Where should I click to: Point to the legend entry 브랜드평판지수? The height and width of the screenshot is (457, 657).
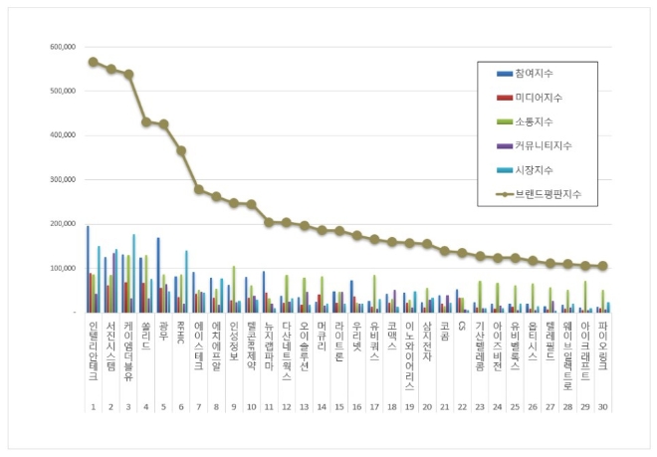pos(547,193)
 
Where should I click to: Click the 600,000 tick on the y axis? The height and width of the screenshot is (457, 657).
pos(61,47)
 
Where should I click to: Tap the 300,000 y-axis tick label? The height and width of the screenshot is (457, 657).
pos(61,179)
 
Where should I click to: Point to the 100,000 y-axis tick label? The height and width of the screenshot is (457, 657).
pos(61,268)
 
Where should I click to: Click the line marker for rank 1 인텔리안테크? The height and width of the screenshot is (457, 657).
pos(93,62)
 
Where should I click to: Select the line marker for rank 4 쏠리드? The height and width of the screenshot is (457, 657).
pos(147,121)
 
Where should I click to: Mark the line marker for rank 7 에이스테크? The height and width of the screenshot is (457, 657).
pos(199,189)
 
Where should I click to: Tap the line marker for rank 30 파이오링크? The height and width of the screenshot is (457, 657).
pos(602,266)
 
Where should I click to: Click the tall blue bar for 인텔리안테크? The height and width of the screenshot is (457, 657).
pos(88,269)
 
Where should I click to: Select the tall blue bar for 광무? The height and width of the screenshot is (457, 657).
pos(158,275)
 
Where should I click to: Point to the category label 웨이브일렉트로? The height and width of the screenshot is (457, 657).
pos(566,354)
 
